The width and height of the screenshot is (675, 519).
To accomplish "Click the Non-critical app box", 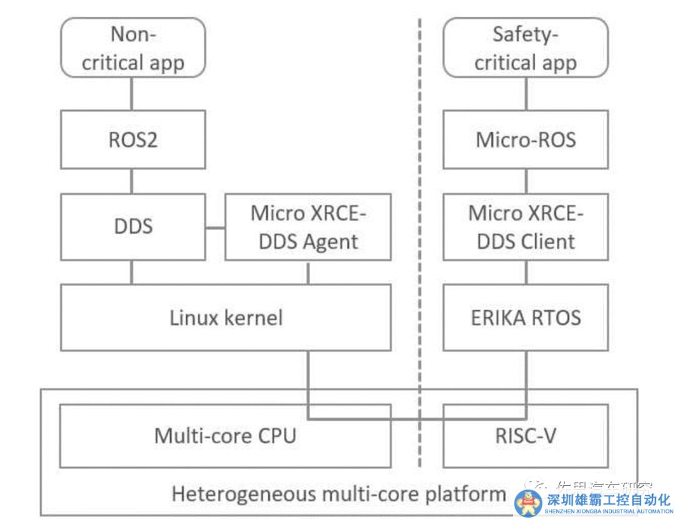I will pos(132,47).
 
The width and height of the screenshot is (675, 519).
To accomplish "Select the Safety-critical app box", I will pos(525,47).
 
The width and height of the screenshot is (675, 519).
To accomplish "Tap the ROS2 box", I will pos(132,139).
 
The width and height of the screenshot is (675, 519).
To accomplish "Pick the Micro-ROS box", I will pos(525,139).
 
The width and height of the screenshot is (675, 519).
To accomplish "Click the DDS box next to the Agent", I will pos(132,226).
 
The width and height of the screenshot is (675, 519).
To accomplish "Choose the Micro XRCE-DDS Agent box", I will pos(307,226).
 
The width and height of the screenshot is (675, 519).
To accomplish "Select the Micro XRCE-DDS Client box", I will pos(525,226).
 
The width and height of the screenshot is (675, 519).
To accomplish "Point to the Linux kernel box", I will pos(226,317).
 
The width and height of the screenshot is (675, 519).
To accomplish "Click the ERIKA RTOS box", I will pos(525,317).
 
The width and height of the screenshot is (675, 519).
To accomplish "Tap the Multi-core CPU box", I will pos(225,435).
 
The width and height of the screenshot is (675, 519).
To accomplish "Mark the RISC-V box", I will pos(525,435).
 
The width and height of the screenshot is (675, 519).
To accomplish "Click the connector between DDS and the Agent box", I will pos(215,227).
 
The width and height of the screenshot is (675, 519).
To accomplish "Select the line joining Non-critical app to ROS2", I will pos(132,93).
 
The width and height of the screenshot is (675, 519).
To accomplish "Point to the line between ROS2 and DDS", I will pos(132,182).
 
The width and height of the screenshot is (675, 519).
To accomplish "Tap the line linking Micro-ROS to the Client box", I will pos(526,182).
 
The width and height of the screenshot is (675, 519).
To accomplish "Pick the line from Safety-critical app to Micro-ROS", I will pos(526,93).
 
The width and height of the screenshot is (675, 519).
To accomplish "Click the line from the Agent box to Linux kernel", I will pos(307,272).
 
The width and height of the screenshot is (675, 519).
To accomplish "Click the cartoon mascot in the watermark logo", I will pos(528,503).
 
